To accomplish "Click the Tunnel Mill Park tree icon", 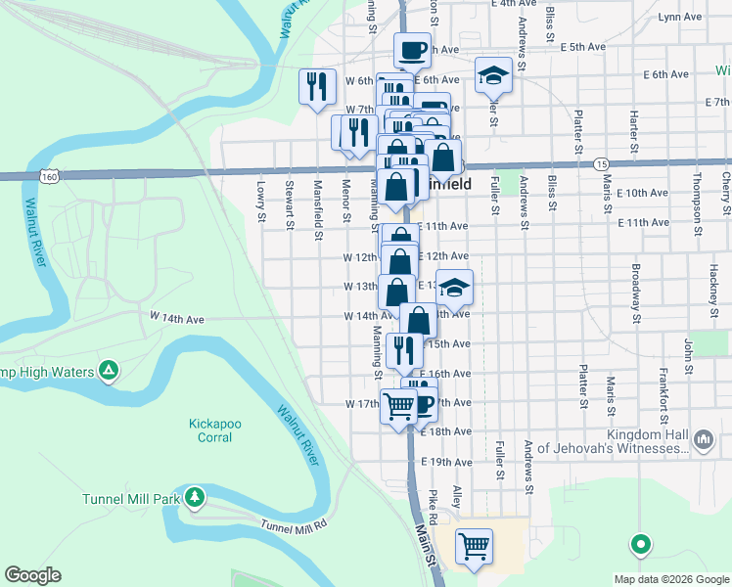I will [x=195, y=498].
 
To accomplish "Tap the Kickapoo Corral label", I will [x=209, y=430].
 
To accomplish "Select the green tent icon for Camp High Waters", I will [x=109, y=371].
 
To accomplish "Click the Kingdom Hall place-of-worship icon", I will [x=703, y=440].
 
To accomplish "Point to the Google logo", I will [x=32, y=575].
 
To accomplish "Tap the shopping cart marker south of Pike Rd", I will [x=475, y=545].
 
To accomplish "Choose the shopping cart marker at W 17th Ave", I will [x=398, y=403].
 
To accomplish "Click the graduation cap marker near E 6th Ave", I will [x=494, y=74].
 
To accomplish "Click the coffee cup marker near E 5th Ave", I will [x=412, y=49].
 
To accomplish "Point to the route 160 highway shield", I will [x=48, y=175].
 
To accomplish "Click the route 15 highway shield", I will [x=601, y=163].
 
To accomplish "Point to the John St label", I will [x=689, y=348].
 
